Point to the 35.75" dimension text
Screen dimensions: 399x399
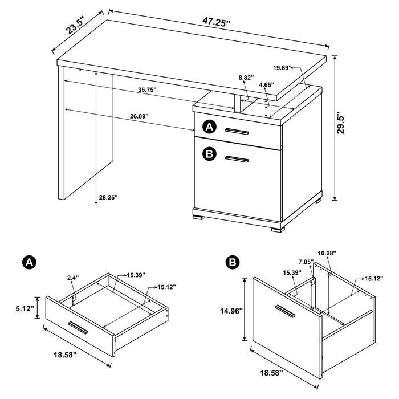point(146,90)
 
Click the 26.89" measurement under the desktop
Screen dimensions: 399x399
point(139,116)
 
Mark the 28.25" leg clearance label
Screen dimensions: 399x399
point(107,197)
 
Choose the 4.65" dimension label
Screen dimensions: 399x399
point(265,85)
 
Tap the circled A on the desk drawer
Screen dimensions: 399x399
point(210,127)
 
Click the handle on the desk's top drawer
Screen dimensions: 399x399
point(237,132)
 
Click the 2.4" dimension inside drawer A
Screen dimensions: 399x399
point(72,278)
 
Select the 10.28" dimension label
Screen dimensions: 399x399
point(325,253)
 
